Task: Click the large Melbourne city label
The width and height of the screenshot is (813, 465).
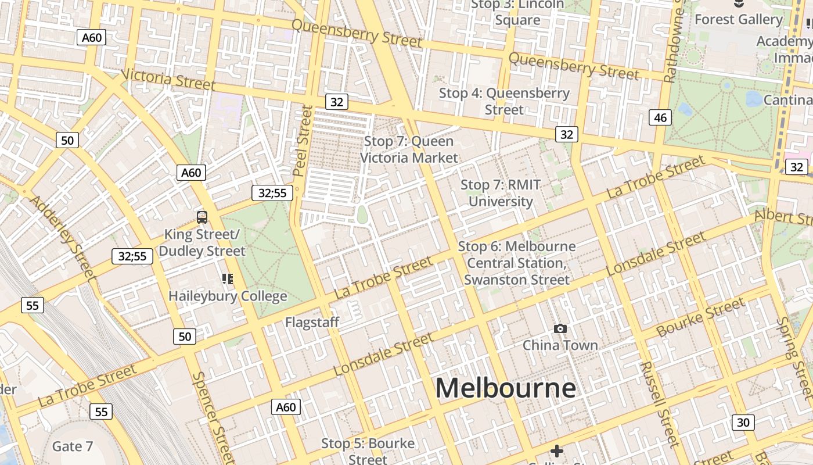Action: (x=506, y=388)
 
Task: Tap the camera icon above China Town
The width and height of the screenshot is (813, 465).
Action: (x=560, y=329)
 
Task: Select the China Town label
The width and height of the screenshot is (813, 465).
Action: (x=560, y=345)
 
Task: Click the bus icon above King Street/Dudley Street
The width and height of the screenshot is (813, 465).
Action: (x=202, y=217)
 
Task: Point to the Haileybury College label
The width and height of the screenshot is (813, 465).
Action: (x=228, y=296)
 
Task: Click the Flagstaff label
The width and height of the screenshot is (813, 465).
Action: (x=312, y=322)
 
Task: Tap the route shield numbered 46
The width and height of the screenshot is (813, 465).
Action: (x=660, y=118)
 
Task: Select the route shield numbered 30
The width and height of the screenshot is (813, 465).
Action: (x=743, y=423)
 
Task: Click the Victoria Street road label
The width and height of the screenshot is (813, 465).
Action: (x=168, y=80)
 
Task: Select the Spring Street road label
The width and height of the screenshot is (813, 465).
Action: (x=796, y=357)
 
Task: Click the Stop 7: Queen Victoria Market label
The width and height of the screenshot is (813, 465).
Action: (x=409, y=149)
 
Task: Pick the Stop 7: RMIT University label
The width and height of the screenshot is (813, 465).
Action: (x=501, y=193)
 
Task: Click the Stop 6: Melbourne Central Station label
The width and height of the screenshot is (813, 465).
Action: (x=517, y=263)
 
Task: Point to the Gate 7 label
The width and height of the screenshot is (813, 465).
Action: (x=73, y=446)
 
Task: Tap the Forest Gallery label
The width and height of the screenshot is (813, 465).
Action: (x=738, y=20)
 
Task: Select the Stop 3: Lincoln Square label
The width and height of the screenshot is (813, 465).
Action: (x=517, y=12)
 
